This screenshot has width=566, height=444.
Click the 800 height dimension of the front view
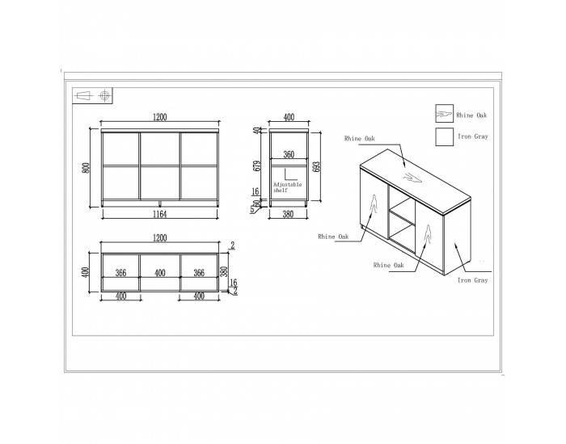(86, 168)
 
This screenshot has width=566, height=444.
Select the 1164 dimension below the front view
(160, 215)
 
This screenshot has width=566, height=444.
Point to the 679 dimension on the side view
(258, 166)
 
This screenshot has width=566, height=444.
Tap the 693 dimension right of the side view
(317, 166)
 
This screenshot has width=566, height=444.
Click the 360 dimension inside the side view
(289, 155)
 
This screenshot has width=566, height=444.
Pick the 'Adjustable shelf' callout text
(287, 187)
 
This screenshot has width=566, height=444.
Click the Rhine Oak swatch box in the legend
(445, 114)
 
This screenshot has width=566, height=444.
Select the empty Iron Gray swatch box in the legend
(445, 136)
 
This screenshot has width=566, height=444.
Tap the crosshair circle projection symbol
(104, 95)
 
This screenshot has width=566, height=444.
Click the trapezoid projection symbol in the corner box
(82, 96)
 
